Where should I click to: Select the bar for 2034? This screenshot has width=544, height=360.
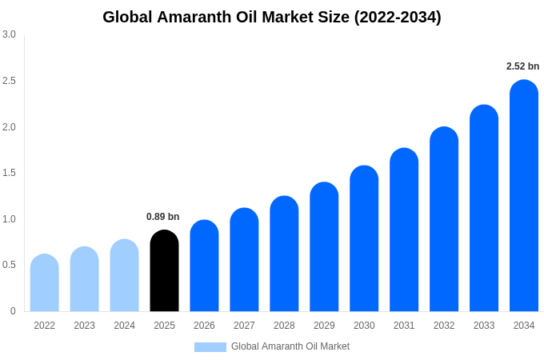click(524, 196)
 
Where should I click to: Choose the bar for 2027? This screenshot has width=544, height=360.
click(244, 260)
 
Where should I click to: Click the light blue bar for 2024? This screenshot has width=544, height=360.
click(124, 275)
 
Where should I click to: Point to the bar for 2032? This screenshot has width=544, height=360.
click(444, 219)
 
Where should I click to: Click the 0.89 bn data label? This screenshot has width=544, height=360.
click(162, 217)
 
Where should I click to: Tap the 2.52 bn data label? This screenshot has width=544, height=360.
click(522, 66)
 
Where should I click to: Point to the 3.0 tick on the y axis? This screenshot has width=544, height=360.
click(9, 34)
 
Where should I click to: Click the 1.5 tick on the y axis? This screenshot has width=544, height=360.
click(9, 173)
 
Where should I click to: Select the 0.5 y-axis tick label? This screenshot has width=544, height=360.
click(9, 265)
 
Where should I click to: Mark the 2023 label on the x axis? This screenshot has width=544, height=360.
click(84, 326)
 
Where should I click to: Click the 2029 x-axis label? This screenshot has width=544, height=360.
click(324, 326)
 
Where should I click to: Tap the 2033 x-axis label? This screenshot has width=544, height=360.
click(484, 326)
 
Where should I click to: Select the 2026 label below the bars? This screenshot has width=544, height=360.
click(204, 326)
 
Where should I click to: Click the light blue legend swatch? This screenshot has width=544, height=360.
click(210, 346)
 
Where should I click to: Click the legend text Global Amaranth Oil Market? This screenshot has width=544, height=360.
click(290, 346)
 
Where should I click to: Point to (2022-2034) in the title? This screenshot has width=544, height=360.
click(398, 17)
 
